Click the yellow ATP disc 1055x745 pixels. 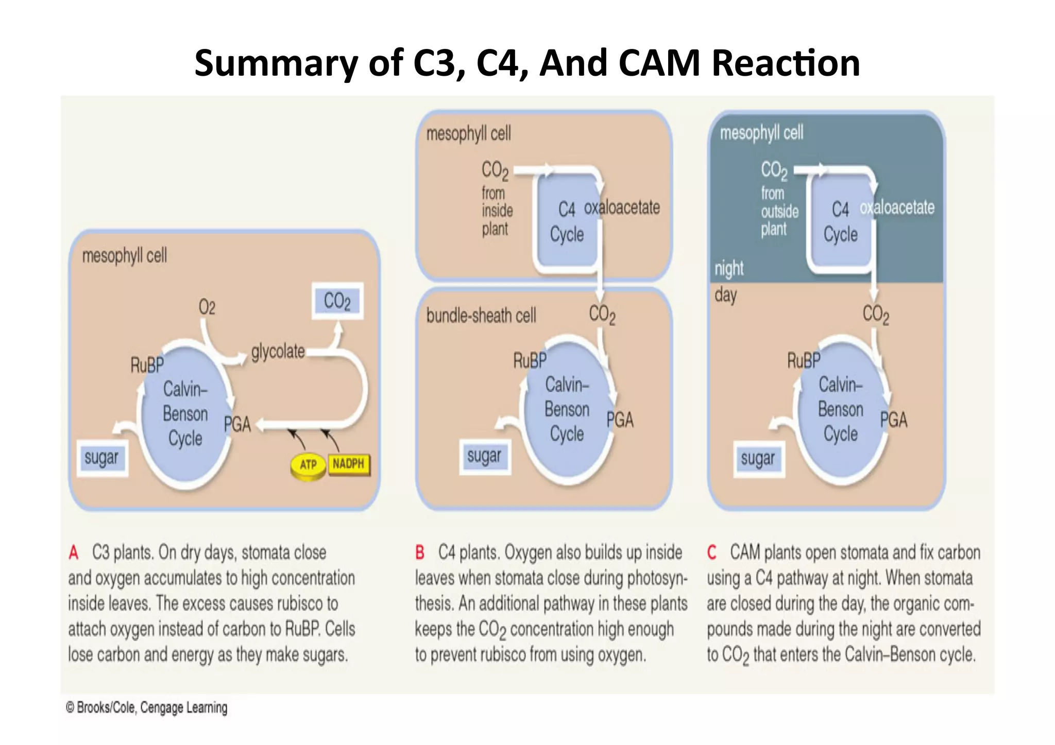point(308,466)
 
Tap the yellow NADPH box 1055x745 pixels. point(349,464)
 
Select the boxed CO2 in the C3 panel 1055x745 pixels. point(337,301)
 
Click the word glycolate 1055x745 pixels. point(278,352)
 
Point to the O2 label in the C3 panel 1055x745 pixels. point(207,307)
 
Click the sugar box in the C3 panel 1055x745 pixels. point(101,458)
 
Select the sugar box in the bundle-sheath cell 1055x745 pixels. point(484,456)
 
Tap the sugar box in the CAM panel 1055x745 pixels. point(758,458)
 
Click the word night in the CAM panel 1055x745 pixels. point(728,268)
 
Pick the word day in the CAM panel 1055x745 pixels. point(725,296)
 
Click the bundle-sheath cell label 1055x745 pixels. point(481,315)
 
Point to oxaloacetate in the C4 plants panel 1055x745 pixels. point(622,207)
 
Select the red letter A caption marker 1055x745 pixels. point(74,553)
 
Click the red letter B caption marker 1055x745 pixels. point(420,552)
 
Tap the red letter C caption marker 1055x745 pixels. point(712,552)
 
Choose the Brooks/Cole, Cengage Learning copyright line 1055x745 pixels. point(147,707)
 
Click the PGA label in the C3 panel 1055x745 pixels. point(237,424)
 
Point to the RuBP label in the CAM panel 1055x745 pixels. point(803,360)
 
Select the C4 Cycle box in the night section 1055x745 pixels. point(840,222)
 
